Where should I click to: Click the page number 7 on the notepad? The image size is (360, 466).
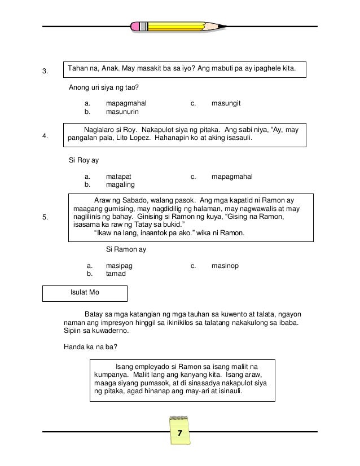click(x=179, y=433)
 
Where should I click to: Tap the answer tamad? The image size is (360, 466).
click(x=116, y=274)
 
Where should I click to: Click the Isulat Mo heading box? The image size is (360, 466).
click(x=85, y=293)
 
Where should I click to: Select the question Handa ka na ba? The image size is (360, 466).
click(x=87, y=346)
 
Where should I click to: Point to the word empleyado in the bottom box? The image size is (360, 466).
click(x=153, y=366)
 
